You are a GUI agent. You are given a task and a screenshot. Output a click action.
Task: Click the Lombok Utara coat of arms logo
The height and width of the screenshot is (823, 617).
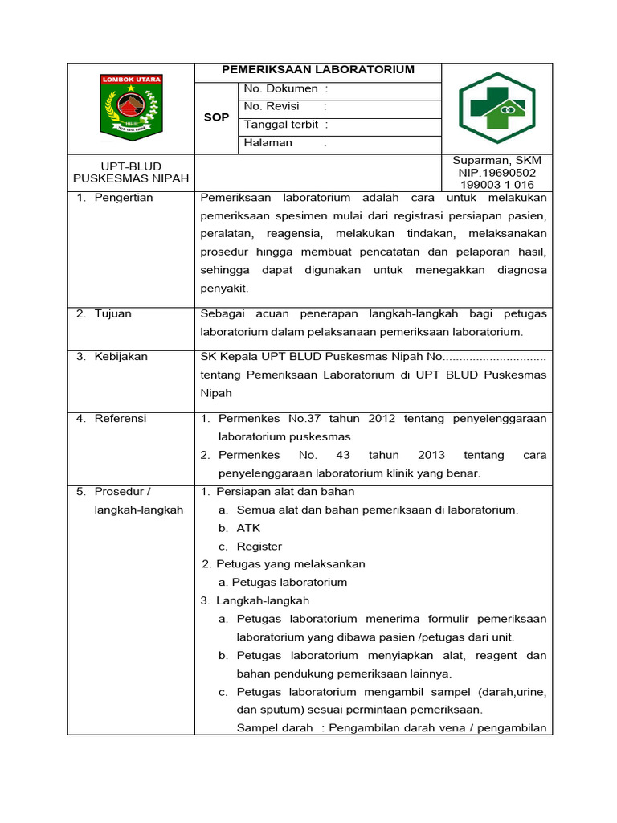pyautogui.click(x=131, y=104)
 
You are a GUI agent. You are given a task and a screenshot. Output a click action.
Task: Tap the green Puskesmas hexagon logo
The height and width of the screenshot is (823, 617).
pyautogui.click(x=497, y=108)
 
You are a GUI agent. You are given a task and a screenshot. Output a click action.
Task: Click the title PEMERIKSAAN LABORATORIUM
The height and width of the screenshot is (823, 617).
pyautogui.click(x=318, y=70)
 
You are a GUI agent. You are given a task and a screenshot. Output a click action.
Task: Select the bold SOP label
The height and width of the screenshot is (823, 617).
pyautogui.click(x=216, y=117)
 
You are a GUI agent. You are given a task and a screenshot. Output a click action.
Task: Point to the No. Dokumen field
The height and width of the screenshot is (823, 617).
pyautogui.click(x=285, y=89)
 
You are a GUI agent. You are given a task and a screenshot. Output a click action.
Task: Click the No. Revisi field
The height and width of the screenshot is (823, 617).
pyautogui.click(x=285, y=107)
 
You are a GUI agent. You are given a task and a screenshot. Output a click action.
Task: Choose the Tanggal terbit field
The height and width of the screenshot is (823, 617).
pyautogui.click(x=286, y=125)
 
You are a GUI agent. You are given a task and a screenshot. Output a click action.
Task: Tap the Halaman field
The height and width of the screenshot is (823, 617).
pyautogui.click(x=285, y=143)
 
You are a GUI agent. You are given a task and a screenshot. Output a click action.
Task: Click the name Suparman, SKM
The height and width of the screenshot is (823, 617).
pyautogui.click(x=497, y=161)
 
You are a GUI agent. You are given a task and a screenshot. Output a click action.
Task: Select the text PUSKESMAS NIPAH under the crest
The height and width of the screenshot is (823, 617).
pyautogui.click(x=131, y=178)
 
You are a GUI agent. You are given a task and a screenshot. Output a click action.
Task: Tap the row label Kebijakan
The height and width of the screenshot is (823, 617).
pyautogui.click(x=121, y=357)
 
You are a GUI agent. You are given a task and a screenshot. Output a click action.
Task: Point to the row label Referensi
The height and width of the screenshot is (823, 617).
pyautogui.click(x=121, y=419)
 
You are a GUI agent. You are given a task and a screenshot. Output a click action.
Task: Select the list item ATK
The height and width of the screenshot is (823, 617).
pyautogui.click(x=248, y=529)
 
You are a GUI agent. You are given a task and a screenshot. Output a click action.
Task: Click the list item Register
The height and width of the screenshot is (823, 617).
pyautogui.click(x=259, y=547)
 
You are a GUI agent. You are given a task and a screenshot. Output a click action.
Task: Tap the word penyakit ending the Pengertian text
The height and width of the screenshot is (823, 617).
pyautogui.click(x=224, y=288)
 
